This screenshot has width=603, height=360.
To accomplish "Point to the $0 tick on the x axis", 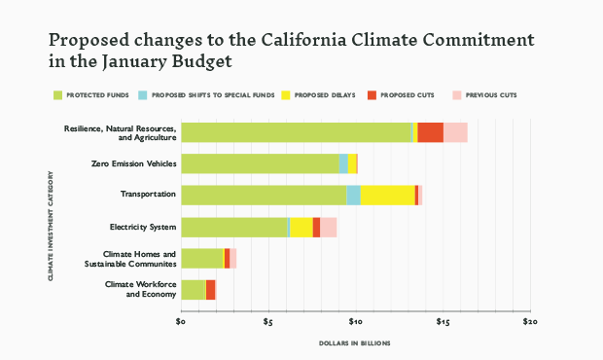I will click(x=181, y=320).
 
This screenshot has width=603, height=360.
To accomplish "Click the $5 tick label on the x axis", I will click(x=267, y=320).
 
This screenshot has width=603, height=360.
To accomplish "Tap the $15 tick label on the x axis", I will click(x=442, y=320).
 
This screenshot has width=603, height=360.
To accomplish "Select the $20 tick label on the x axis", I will click(x=528, y=320).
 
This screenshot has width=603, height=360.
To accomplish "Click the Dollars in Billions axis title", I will click(x=354, y=343).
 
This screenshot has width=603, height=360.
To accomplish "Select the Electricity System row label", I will click(x=143, y=228).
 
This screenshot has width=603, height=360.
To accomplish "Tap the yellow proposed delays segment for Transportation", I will click(x=387, y=195).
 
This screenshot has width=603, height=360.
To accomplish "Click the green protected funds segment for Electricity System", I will click(x=234, y=227).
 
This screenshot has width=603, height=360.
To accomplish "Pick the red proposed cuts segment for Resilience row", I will click(x=430, y=132).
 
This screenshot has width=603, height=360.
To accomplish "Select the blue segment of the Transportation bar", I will click(x=353, y=195).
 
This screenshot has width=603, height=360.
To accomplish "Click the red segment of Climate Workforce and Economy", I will click(x=210, y=289).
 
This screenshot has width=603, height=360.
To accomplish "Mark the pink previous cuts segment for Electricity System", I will click(x=328, y=227).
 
